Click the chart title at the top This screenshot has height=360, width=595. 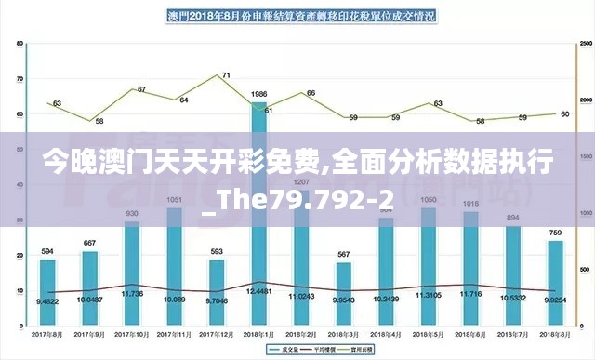pos(301,16)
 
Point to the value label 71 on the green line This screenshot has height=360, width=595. pos(226,75)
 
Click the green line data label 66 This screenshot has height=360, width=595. pos(311,93)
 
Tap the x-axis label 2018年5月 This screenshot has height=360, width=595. pos(429,333)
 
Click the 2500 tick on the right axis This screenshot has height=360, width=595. pos(584,44)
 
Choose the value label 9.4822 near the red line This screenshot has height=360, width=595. pos(48,301)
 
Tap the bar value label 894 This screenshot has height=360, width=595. pos(512,218)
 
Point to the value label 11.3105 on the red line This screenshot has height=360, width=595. pos(429,295)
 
